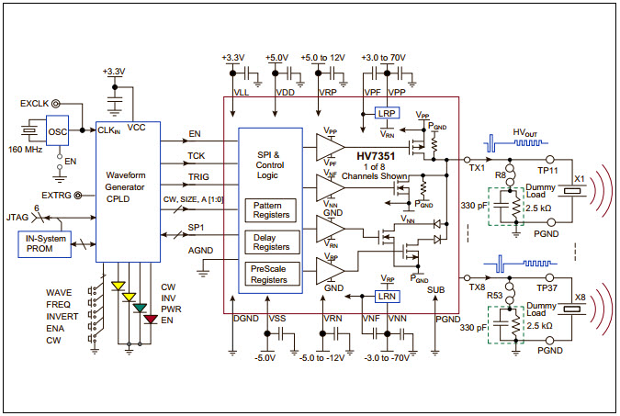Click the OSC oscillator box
coord(57,130)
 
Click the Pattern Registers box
coord(270,209)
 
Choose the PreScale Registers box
coord(270,273)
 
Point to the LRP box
coord(387,113)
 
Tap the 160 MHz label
coord(25,149)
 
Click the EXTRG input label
coord(58,195)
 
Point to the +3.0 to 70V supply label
coord(386,56)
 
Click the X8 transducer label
coord(579,297)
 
